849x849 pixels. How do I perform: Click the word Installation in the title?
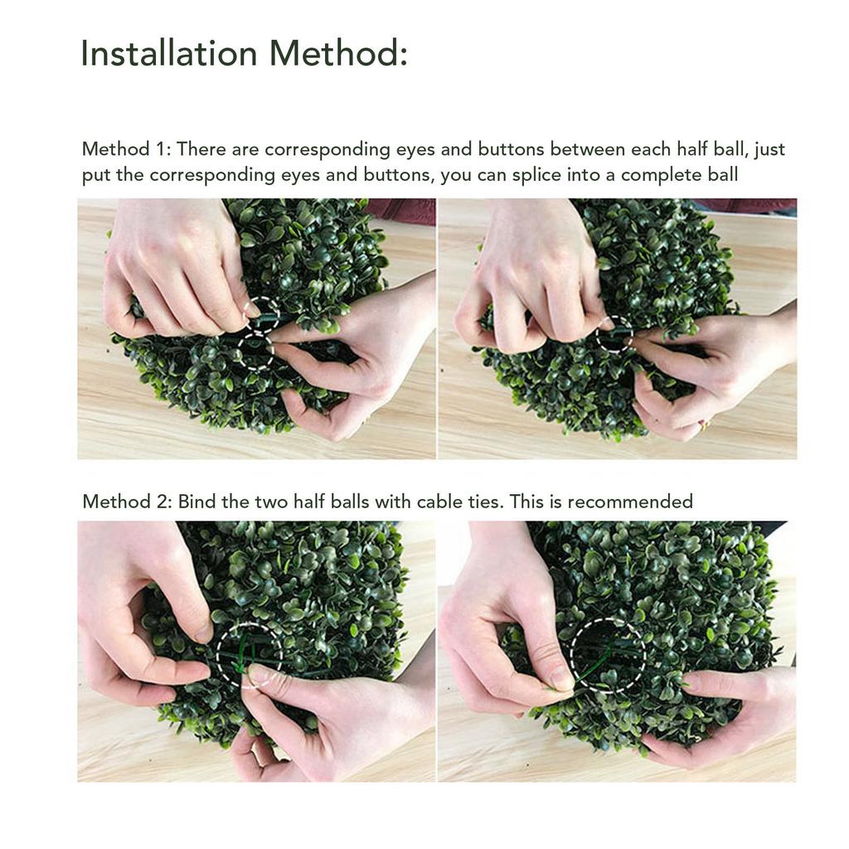tap(169, 54)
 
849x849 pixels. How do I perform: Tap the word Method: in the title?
tap(337, 54)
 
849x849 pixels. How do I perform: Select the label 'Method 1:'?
tap(126, 150)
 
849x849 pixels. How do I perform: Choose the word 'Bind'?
tap(196, 502)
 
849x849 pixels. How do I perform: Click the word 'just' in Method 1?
tap(769, 150)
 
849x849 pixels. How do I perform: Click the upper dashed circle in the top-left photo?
tap(262, 314)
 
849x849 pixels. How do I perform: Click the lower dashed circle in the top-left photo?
tap(256, 351)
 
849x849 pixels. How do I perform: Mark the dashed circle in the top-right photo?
tap(614, 333)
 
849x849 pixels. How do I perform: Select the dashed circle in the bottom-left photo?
tap(249, 655)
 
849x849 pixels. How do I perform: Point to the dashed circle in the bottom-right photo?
tap(608, 655)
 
